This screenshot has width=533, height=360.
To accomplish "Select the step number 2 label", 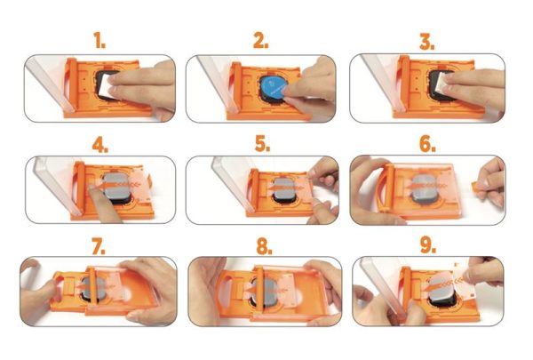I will (x=260, y=41).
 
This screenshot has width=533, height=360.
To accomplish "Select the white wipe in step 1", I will (x=108, y=86).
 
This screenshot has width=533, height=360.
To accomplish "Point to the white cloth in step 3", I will (x=438, y=87).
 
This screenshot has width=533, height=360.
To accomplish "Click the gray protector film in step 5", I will (x=282, y=188).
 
